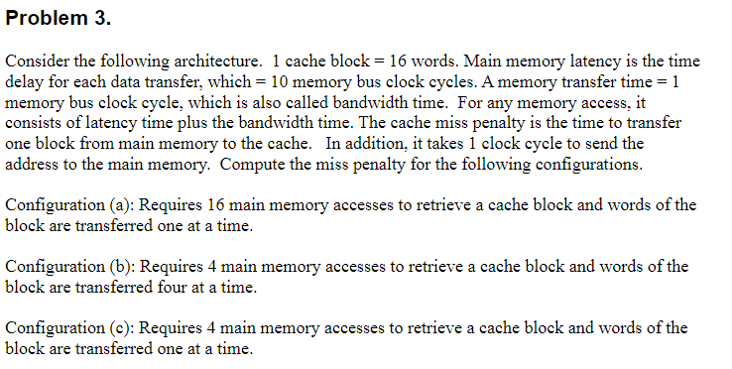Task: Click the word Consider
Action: coord(35,63)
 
